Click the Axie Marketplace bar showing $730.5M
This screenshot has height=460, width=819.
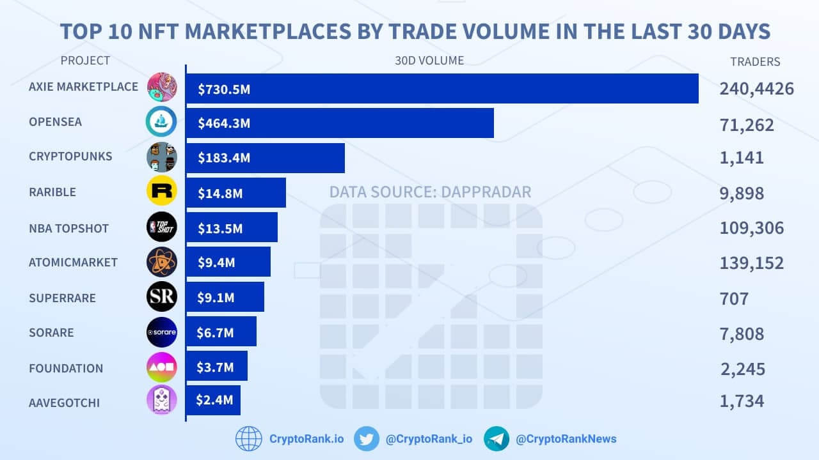[441, 89]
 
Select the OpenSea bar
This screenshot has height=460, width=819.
[339, 123]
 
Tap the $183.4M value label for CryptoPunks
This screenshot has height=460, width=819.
[224, 158]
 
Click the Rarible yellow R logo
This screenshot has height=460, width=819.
[161, 190]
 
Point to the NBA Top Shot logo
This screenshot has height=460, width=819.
[161, 226]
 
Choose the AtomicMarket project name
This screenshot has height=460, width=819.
[73, 262]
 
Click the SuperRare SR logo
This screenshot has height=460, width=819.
[161, 296]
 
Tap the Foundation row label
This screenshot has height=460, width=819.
[66, 368]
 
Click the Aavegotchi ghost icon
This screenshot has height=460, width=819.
[161, 401]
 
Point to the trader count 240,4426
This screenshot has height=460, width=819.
[756, 89]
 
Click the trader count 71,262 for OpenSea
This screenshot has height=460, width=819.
[747, 125]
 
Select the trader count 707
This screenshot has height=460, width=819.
[734, 298]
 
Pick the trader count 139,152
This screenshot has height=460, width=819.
[751, 263]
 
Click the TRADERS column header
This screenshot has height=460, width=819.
[755, 62]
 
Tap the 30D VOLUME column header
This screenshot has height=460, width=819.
[429, 61]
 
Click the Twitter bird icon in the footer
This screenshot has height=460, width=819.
[366, 439]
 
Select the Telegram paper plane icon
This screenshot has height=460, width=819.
[497, 439]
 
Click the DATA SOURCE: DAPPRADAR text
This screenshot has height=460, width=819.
[430, 192]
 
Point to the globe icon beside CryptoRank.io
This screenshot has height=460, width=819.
[249, 439]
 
